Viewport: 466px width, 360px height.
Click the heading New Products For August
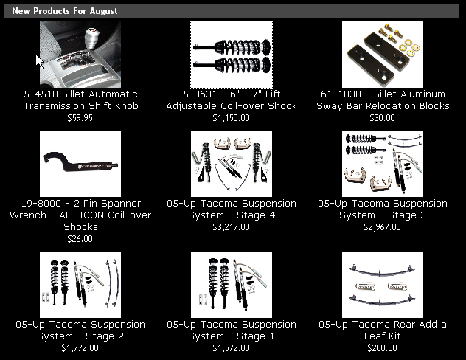tap(64, 11)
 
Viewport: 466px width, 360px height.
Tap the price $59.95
tap(80, 118)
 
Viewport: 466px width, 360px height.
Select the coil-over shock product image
tap(232, 55)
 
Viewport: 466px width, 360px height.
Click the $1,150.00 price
tap(232, 118)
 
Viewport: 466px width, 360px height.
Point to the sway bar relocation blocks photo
tap(383, 55)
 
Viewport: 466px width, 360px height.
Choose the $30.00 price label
tap(382, 118)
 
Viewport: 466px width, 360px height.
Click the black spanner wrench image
tap(80, 164)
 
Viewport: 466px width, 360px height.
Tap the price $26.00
tap(80, 239)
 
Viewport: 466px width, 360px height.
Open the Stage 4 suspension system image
tap(232, 164)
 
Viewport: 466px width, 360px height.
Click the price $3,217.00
tap(232, 227)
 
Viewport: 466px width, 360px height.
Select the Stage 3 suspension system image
tap(383, 164)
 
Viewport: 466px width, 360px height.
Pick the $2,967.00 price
tap(382, 227)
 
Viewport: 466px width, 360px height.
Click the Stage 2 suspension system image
tap(80, 285)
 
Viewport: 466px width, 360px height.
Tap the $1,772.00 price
tap(80, 348)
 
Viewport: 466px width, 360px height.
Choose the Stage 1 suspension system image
tap(232, 285)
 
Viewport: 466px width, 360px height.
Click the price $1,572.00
tap(232, 348)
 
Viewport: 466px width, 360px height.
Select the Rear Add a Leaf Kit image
tap(383, 285)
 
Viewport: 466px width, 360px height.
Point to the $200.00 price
tap(382, 348)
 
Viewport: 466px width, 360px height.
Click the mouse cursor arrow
tap(39, 61)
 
